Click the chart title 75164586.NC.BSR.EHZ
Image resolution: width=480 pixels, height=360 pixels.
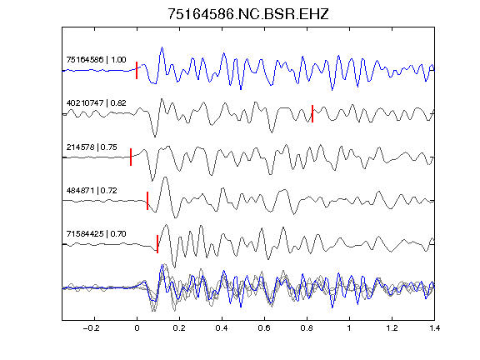click(x=248, y=14)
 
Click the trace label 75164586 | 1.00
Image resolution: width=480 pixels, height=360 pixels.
click(x=96, y=59)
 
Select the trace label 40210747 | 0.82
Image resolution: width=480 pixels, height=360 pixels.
click(x=96, y=102)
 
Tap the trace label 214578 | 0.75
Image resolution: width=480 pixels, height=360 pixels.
click(x=92, y=147)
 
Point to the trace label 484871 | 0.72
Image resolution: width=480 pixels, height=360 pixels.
click(x=92, y=191)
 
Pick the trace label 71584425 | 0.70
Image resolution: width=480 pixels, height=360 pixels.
click(x=96, y=234)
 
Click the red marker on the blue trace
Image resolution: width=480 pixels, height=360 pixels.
click(x=137, y=70)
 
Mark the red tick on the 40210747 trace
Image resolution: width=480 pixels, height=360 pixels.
click(x=312, y=114)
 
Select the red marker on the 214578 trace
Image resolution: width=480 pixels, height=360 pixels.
click(x=131, y=157)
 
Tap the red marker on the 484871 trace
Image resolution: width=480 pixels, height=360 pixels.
click(x=147, y=201)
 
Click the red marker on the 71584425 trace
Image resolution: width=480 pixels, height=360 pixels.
click(x=157, y=244)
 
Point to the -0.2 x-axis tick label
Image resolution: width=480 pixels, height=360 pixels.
click(x=92, y=328)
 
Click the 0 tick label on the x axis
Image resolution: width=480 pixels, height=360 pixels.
click(x=137, y=328)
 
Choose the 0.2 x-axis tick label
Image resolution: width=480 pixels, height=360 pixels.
click(x=179, y=328)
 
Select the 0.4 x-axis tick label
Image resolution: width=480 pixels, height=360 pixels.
click(x=222, y=328)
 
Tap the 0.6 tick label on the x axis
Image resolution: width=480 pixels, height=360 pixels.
click(x=264, y=328)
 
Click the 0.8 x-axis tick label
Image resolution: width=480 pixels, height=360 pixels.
click(x=307, y=328)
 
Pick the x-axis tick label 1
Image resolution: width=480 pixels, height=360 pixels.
click(x=349, y=328)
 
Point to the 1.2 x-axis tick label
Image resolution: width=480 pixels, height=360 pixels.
click(x=392, y=328)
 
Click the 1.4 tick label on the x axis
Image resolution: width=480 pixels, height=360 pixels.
click(x=434, y=328)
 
